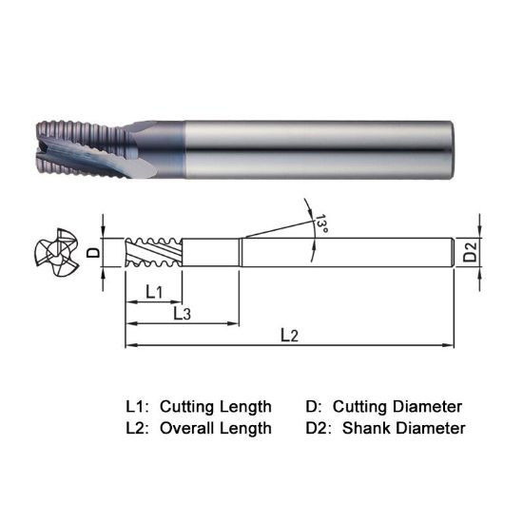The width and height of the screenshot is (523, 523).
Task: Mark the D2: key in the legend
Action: (x=320, y=428)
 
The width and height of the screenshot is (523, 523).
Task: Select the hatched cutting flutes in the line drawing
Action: (x=152, y=253)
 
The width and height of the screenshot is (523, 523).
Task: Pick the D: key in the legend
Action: (x=315, y=406)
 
